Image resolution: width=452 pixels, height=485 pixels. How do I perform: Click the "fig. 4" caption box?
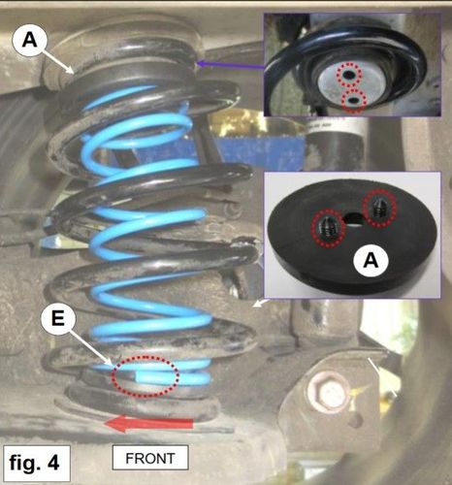(37, 463)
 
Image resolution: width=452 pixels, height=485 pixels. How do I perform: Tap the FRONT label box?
(150, 458)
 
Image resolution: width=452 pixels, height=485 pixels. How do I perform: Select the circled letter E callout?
(58, 319)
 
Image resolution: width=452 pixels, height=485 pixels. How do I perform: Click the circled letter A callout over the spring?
(30, 40)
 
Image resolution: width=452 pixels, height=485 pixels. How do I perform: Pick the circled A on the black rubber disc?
(371, 260)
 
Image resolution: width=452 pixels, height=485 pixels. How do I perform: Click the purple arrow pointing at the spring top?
(230, 65)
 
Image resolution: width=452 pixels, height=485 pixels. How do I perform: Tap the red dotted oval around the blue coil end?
(145, 375)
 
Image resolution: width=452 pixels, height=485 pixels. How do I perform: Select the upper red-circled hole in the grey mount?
(349, 75)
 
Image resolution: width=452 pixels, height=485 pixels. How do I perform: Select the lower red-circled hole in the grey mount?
(354, 101)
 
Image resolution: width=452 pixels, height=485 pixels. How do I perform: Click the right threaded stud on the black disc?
(379, 208)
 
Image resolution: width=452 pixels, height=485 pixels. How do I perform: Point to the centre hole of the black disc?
(354, 219)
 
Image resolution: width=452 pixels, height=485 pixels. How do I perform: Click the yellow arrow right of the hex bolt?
(361, 390)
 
